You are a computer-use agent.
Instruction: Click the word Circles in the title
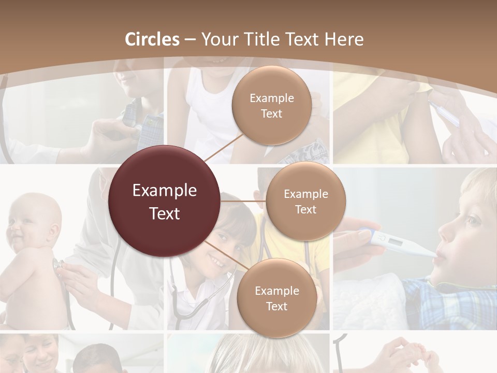(152, 39)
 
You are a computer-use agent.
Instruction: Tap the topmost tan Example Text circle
(271, 106)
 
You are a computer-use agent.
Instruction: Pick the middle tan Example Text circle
(305, 201)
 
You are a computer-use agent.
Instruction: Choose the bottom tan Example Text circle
(276, 298)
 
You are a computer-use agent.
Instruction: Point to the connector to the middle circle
(243, 201)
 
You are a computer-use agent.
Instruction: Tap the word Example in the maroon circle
(165, 191)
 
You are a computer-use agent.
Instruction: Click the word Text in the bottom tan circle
(276, 306)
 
